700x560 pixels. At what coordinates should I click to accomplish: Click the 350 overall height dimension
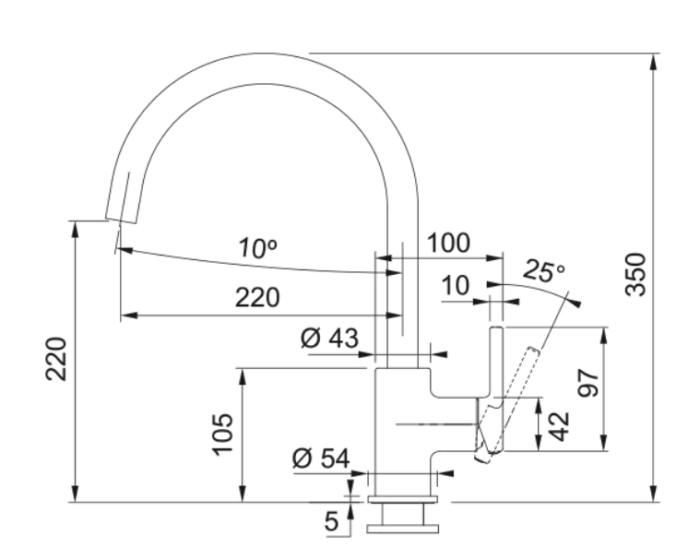(x=638, y=274)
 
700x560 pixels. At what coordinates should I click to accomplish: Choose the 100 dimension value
(x=449, y=244)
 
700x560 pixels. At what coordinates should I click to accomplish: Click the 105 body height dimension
(x=222, y=435)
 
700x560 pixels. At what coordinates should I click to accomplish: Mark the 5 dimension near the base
(x=332, y=522)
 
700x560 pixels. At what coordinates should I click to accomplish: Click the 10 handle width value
(x=454, y=286)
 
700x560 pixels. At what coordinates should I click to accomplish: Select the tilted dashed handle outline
(x=513, y=397)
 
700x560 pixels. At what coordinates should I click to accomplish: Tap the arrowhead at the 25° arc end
(x=575, y=301)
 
